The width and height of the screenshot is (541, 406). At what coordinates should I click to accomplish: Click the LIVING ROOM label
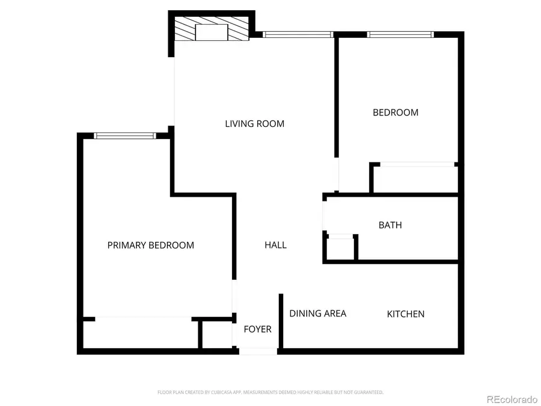[x=254, y=124]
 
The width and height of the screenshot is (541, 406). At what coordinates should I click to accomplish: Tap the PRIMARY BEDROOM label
[x=150, y=245]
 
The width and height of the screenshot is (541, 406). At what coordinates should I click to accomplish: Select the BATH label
[x=390, y=226]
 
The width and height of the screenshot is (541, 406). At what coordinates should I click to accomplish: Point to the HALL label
[x=275, y=245]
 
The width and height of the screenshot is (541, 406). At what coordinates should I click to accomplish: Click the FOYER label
[x=257, y=330]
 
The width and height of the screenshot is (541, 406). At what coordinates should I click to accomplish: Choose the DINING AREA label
[x=317, y=313]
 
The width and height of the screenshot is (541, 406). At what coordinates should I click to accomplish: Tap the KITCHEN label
[x=405, y=314]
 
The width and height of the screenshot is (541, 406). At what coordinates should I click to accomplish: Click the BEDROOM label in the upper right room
[x=395, y=112]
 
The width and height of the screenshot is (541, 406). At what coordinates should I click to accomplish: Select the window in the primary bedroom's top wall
[x=125, y=136]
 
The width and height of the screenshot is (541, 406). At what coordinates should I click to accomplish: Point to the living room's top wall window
[x=298, y=35]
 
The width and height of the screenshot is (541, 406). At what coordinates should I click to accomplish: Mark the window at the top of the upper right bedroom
[x=400, y=35]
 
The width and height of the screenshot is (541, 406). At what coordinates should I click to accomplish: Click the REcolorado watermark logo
[x=512, y=398]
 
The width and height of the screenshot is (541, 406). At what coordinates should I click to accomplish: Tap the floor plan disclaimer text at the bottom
[x=270, y=392]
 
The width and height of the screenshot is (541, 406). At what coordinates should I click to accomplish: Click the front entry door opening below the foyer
[x=258, y=351]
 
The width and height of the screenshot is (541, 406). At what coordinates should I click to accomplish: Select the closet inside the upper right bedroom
[x=415, y=179]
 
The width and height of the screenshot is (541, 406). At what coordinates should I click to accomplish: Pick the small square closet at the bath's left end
[x=341, y=248]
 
